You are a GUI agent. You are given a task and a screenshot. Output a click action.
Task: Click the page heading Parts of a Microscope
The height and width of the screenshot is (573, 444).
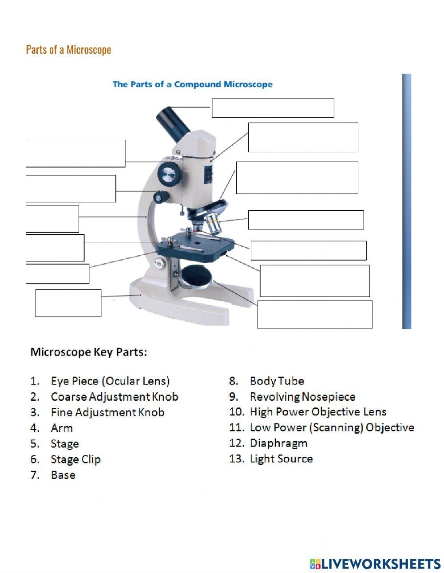coord(68,49)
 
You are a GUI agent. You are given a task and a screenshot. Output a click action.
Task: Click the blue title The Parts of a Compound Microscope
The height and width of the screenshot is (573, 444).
coord(192,84)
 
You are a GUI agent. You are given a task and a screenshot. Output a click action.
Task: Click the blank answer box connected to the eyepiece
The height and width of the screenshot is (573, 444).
coord(273,108)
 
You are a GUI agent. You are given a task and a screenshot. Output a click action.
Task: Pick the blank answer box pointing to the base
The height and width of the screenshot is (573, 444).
coord(68,303)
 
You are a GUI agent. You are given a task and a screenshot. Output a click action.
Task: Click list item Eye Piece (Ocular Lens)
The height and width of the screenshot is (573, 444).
coord(110,381)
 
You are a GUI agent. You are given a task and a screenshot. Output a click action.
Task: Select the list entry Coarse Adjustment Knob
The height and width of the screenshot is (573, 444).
coord(114,396)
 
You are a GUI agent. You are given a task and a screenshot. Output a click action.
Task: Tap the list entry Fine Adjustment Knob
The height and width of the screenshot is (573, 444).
coord(107,412)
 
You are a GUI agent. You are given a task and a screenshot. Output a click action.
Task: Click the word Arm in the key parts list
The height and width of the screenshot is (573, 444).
coord(62,428)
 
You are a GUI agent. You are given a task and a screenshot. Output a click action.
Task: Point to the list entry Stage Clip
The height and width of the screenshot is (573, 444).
coord(75,459)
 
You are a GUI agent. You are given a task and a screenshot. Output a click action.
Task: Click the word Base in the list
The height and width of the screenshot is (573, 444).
coord(63,475)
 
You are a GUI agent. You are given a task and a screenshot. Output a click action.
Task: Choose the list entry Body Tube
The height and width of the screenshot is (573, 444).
coord(277,381)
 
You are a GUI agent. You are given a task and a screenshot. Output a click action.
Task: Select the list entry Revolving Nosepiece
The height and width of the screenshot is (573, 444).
coord(302,396)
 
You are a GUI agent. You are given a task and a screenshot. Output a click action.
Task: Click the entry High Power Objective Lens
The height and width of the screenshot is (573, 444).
coord(318,412)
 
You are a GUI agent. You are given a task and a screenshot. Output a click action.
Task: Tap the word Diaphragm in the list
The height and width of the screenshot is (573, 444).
coord(278,443)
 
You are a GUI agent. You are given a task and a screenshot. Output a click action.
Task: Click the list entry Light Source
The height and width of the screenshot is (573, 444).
coord(281,458)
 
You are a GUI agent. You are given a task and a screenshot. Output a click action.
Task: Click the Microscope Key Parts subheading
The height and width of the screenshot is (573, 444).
coord(88,352)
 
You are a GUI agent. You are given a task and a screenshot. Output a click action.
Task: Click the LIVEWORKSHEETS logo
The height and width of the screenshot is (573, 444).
coord(375,564)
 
